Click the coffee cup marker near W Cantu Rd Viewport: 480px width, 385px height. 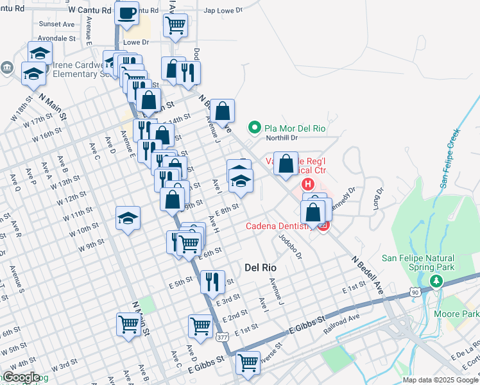click(127, 12)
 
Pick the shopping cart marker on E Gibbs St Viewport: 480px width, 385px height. click(248, 363)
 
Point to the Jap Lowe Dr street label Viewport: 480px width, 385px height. click(223, 11)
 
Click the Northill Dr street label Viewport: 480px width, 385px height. click(282, 137)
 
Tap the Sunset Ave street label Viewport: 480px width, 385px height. click(56, 24)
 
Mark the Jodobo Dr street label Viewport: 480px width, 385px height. click(289, 246)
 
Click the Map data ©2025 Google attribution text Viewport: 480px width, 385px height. click(440, 380)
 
